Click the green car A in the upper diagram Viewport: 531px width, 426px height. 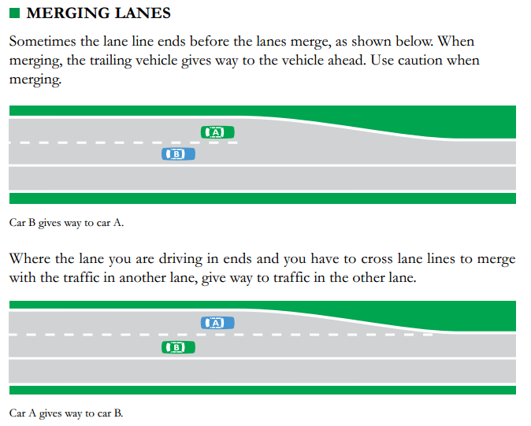(x=217, y=132)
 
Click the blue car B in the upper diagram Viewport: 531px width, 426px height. (x=178, y=154)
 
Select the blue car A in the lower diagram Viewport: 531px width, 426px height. (x=217, y=323)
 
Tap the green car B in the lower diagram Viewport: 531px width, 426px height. (x=178, y=347)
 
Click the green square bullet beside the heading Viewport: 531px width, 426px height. (x=14, y=13)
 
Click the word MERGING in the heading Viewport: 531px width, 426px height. (x=68, y=13)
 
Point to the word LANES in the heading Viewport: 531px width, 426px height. (x=143, y=13)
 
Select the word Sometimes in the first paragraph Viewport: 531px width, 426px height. (x=43, y=42)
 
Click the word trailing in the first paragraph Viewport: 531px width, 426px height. (x=110, y=61)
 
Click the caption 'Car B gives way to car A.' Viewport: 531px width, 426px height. (x=66, y=223)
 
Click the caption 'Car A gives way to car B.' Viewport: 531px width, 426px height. (x=66, y=413)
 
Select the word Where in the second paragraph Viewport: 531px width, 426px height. (x=30, y=259)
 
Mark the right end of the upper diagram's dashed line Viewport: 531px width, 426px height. (x=237, y=143)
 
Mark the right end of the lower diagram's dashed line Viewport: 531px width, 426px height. (x=433, y=335)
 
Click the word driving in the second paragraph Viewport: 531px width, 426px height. (x=180, y=260)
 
